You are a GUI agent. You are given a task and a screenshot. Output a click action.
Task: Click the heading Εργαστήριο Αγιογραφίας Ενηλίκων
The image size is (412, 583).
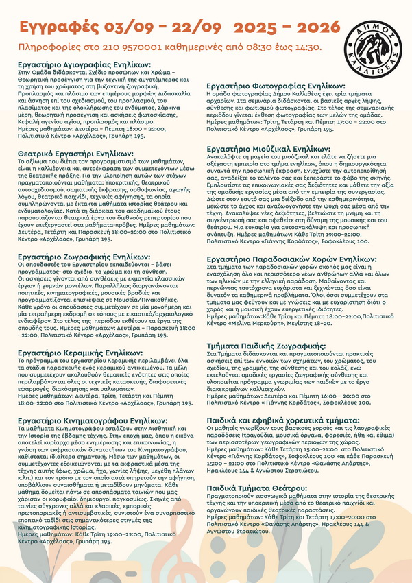pos(84,63)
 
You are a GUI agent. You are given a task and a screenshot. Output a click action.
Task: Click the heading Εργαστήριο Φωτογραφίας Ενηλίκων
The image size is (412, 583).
pos(276,86)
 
